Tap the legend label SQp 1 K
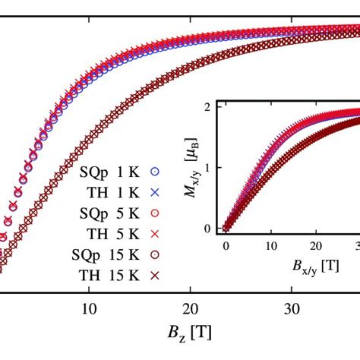(x=106, y=171)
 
